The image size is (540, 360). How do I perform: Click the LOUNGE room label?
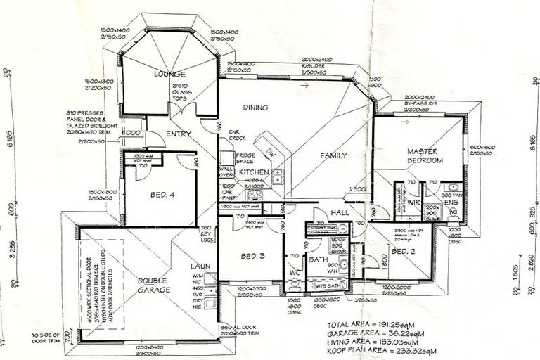coord(171,75)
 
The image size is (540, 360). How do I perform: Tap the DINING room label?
coord(257,108)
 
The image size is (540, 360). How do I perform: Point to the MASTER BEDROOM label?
coord(424,156)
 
